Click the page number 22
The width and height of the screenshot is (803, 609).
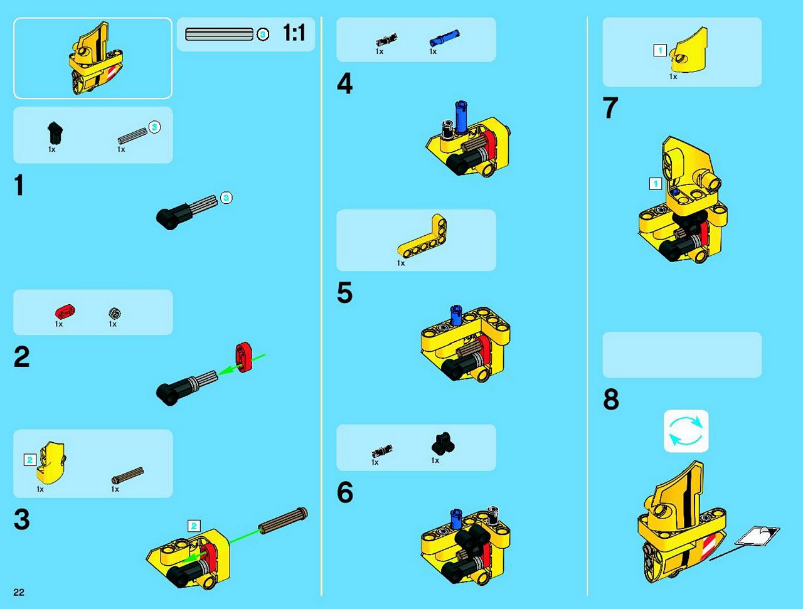pos(19,592)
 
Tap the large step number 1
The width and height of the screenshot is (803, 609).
pos(19,185)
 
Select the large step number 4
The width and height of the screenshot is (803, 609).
pos(344,83)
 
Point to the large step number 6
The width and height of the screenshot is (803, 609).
pos(345,492)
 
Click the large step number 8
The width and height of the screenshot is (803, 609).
pos(611,399)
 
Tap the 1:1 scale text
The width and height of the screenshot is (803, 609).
pos(294,33)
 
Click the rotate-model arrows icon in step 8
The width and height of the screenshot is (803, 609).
pos(686,431)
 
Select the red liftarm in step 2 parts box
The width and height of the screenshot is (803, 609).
pos(65,311)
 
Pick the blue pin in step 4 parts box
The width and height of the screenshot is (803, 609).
pos(444,38)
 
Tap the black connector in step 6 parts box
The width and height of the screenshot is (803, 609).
pos(443,443)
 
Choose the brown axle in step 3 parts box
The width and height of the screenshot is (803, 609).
pos(127,475)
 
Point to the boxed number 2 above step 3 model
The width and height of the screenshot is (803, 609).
pos(194,526)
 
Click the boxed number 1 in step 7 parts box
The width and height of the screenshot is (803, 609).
pos(660,50)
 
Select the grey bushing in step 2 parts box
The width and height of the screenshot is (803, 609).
pos(115,313)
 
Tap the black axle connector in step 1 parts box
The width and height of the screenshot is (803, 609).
pos(55,133)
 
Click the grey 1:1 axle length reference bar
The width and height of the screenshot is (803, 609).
pos(219,34)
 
